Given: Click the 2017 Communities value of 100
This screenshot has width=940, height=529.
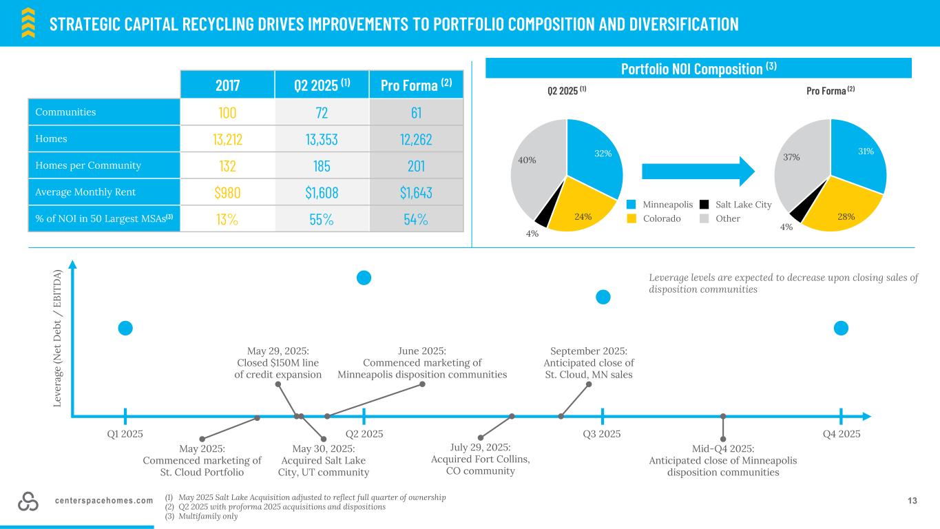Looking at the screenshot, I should pyautogui.click(x=227, y=112).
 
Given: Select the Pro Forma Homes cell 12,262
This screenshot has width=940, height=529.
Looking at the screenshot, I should pyautogui.click(x=416, y=139).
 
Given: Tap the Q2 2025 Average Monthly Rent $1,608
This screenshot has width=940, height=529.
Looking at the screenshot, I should pyautogui.click(x=322, y=193).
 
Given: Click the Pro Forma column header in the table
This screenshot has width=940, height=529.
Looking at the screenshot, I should pyautogui.click(x=416, y=85).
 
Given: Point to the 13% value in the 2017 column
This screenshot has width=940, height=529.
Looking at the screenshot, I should pyautogui.click(x=227, y=220).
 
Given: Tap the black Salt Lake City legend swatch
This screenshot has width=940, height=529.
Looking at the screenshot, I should pyautogui.click(x=704, y=205).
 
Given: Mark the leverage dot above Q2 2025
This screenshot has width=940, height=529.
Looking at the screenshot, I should pyautogui.click(x=364, y=278).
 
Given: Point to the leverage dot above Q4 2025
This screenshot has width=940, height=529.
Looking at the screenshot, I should pyautogui.click(x=841, y=329).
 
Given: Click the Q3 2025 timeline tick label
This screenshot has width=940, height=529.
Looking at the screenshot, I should pyautogui.click(x=602, y=434).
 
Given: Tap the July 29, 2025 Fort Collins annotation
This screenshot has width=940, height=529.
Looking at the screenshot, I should pyautogui.click(x=480, y=459).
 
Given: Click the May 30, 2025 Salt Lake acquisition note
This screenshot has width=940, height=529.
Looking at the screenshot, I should pyautogui.click(x=323, y=459).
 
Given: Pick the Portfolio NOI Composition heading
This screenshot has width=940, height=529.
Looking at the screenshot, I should pyautogui.click(x=698, y=68).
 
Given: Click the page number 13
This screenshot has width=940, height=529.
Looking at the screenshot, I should pyautogui.click(x=912, y=501).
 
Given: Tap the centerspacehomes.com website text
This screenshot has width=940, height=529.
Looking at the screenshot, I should pyautogui.click(x=103, y=501).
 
